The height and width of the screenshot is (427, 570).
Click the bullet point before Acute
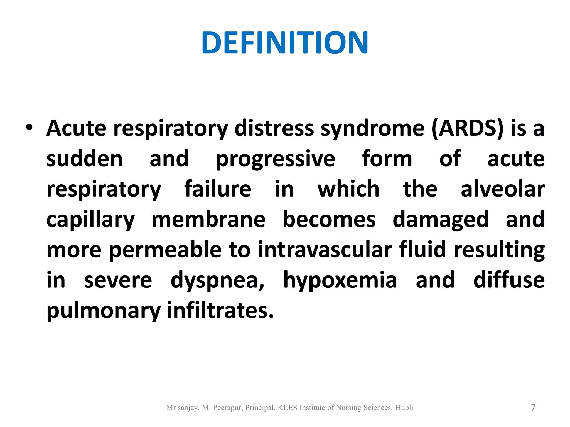(x=29, y=128)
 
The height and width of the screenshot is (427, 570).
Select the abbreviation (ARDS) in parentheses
(x=468, y=128)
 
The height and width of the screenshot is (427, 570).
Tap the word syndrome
(x=372, y=128)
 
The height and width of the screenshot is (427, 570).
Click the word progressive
(x=275, y=159)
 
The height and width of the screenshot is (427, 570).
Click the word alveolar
(x=502, y=189)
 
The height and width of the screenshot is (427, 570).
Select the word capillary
(x=90, y=220)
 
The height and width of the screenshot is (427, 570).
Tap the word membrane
(x=208, y=219)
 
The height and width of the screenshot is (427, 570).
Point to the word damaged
(x=440, y=220)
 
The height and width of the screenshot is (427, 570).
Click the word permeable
(x=165, y=250)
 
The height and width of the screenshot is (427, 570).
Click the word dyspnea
(x=217, y=280)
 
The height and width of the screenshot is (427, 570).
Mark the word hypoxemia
(x=340, y=280)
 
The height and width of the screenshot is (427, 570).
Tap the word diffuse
(x=509, y=280)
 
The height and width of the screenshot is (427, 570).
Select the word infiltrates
(x=220, y=310)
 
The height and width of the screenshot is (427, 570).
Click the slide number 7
(x=533, y=408)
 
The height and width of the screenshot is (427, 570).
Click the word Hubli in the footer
(x=404, y=408)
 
